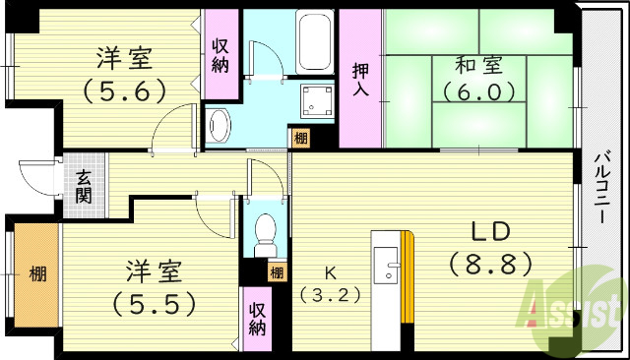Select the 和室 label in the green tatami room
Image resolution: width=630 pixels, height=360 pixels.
coord(478,66)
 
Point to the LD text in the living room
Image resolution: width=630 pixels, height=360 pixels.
coord(488,232)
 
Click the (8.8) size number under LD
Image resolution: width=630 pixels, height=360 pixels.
coord(489,264)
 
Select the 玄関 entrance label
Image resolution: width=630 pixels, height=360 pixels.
coord(85,187)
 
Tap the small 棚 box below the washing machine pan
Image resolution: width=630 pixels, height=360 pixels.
coord(298,139)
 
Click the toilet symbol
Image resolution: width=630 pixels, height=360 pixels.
coord(266,232)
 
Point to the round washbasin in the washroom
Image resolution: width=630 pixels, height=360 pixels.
coord(220,124)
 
